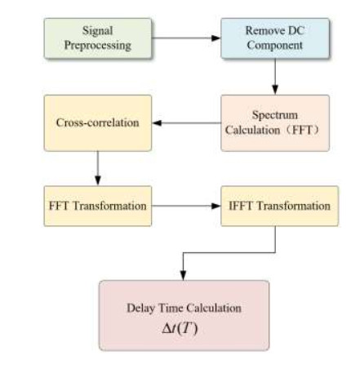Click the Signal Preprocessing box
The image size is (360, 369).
tap(98, 38)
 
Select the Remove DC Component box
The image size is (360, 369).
tap(275, 38)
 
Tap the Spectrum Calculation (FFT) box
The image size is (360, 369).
tap(275, 123)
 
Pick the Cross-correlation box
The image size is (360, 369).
tap(98, 123)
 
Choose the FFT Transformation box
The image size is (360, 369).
tap(98, 206)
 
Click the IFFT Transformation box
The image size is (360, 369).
tap(279, 206)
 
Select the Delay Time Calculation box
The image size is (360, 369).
tap(184, 315)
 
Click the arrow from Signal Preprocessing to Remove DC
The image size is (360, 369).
tap(186, 38)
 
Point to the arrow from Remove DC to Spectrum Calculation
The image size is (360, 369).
tap(275, 77)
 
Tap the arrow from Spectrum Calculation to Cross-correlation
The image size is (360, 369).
tap(186, 123)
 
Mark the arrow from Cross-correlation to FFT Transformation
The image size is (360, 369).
tap(98, 168)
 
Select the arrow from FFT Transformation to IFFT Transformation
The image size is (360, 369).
tap(186, 206)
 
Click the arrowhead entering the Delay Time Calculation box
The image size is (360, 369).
tap(183, 276)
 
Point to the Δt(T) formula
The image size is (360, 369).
tap(180, 328)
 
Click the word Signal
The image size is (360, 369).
tap(98, 31)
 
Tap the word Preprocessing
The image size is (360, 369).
tap(98, 46)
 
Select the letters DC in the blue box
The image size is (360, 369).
tap(296, 30)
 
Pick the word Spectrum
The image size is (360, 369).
tap(275, 115)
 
